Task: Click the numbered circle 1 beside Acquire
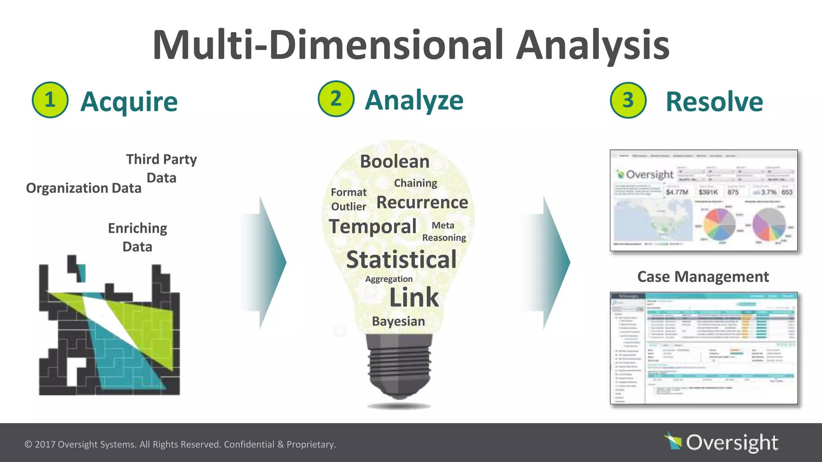pos(50,100)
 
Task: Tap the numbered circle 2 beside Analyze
pos(336,99)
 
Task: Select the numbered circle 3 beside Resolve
pos(628,100)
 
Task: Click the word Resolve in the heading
pos(714,102)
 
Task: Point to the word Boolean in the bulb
pos(395,162)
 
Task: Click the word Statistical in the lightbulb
pos(401,259)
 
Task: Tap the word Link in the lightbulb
pos(414,297)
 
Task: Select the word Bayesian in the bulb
pos(398,321)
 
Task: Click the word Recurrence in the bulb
pos(422,203)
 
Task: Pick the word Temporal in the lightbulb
pos(372,227)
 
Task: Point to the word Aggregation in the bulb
pos(389,279)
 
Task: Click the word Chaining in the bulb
pos(415,183)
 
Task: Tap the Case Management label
pos(703,277)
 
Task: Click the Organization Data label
pos(83,188)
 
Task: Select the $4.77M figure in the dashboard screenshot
pos(677,192)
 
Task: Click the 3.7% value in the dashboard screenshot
pos(768,192)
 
